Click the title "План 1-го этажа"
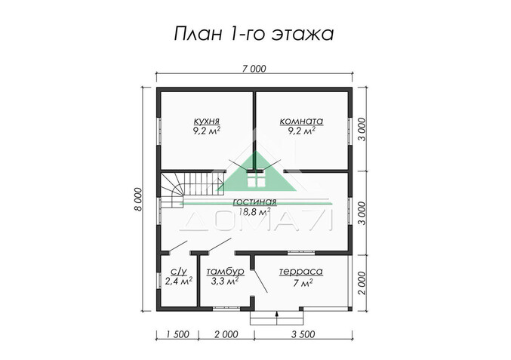click(x=254, y=33)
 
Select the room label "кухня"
click(x=206, y=120)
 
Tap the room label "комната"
click(x=301, y=120)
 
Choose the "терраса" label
click(x=300, y=271)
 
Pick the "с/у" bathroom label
click(x=178, y=271)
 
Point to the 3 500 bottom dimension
click(x=302, y=333)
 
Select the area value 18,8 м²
click(x=255, y=213)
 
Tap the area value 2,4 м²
click(x=178, y=282)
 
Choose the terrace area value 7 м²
click(x=302, y=282)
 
